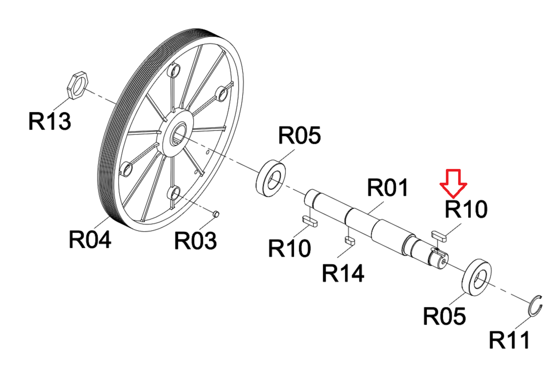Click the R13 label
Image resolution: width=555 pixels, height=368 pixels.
(50, 121)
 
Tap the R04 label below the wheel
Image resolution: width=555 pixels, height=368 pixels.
(90, 240)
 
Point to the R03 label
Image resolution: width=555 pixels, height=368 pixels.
(195, 241)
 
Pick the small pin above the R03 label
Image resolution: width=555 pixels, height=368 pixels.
(216, 214)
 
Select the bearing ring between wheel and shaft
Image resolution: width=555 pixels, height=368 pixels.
(271, 178)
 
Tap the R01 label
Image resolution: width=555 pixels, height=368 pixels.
(387, 188)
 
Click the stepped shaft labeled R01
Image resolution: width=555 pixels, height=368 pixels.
(379, 228)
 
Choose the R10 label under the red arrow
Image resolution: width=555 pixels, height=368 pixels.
(466, 209)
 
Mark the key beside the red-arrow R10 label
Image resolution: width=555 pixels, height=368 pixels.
(438, 236)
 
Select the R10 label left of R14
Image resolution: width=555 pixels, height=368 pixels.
(289, 248)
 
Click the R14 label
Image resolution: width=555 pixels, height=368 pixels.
(343, 273)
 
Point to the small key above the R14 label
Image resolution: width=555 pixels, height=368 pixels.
(350, 240)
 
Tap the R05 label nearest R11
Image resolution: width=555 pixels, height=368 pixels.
(444, 316)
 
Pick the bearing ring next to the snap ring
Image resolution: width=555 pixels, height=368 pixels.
(477, 277)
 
